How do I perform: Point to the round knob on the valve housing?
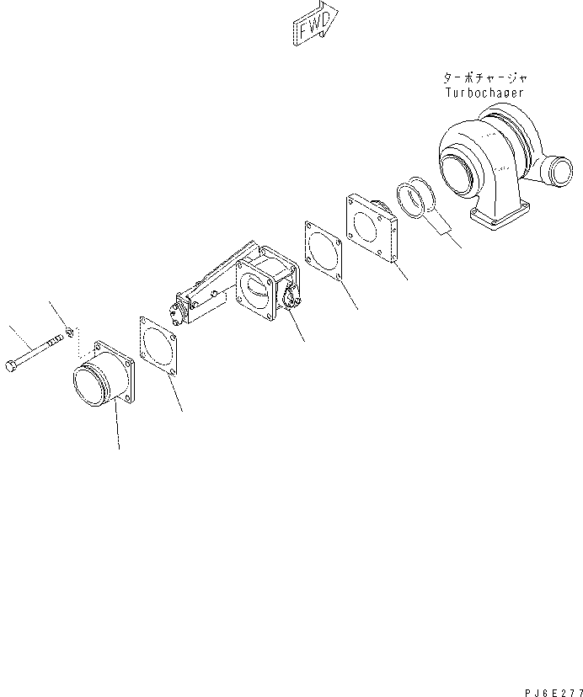point(292,295)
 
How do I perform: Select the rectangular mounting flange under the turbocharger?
point(502,221)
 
